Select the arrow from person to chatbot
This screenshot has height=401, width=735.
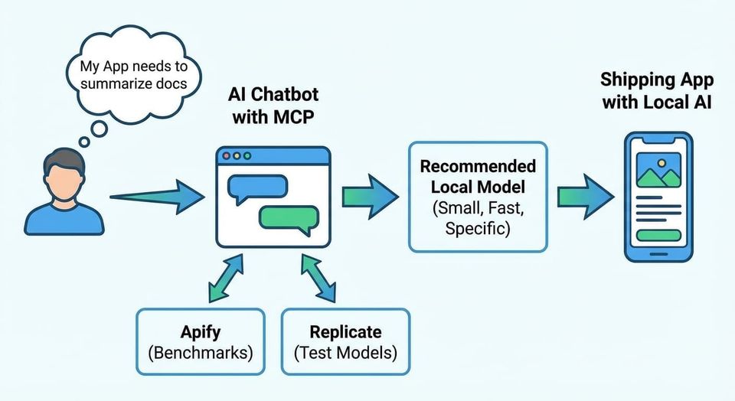pos(157,197)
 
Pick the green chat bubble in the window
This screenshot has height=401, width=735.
pos(289,218)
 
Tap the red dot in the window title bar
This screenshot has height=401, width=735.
pos(226,155)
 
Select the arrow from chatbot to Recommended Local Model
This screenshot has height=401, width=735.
pos(370,196)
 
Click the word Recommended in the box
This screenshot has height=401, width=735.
pos(478,167)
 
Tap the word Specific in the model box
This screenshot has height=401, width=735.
pos(478,227)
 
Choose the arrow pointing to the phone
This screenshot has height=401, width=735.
pos(586,196)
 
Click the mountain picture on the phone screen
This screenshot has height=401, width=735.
pos(658,172)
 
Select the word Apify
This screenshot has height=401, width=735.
pos(200,332)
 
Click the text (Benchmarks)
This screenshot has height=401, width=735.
pos(200,353)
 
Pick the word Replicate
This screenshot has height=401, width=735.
pos(345,332)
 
